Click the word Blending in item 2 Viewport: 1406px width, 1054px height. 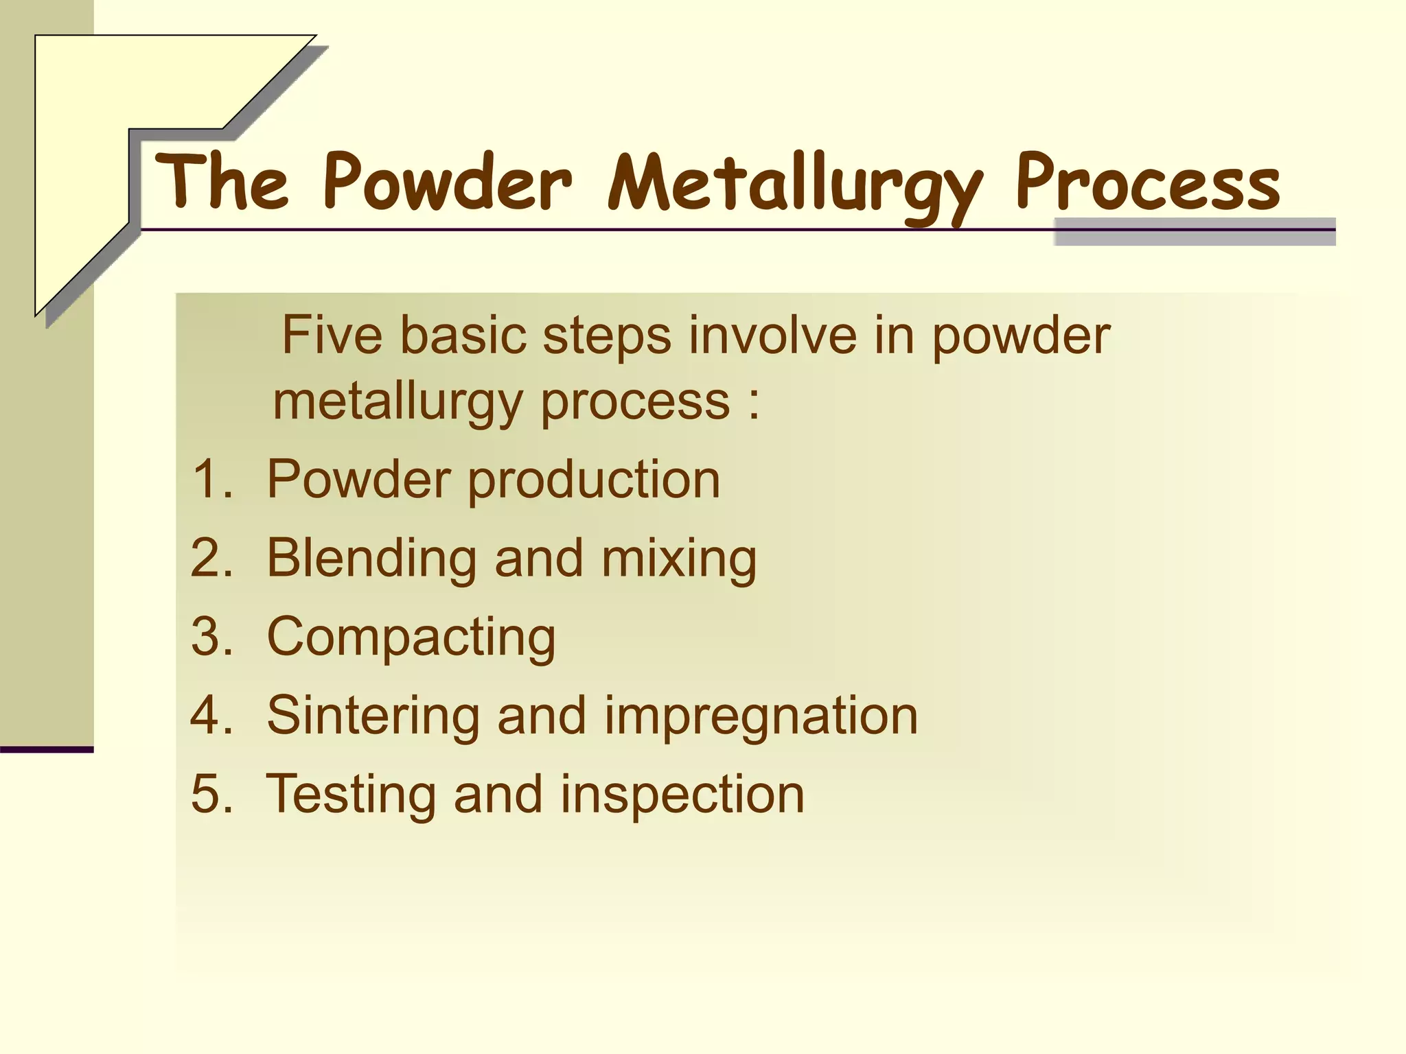pyautogui.click(x=371, y=559)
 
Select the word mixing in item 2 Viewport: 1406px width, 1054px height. pyautogui.click(x=679, y=559)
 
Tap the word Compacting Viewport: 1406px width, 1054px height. pyautogui.click(x=411, y=637)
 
